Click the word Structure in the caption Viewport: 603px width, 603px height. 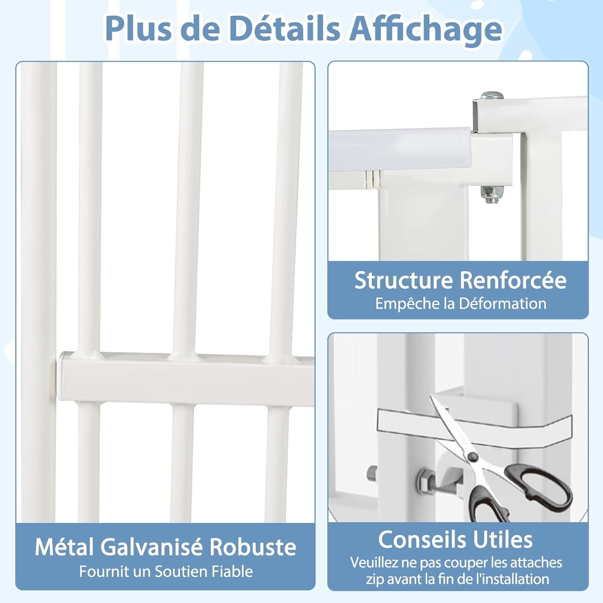coord(404,280)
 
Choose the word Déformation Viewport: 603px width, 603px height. coord(503,304)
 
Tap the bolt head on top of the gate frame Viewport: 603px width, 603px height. coord(492,96)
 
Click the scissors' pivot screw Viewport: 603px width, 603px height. coord(473,457)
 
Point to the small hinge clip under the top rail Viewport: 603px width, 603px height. coord(372,178)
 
